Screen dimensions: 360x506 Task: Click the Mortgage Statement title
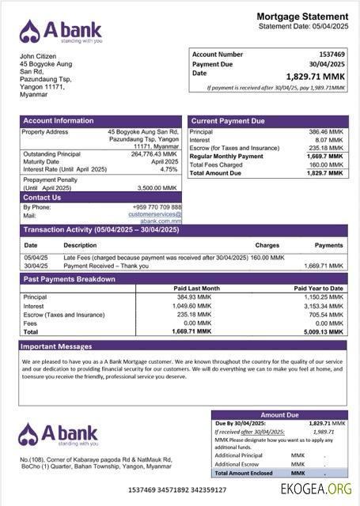pos(302,17)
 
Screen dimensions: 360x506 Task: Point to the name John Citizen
pos(39,57)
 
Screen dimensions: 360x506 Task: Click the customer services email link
pos(155,214)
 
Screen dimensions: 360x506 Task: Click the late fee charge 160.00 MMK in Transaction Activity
pos(269,258)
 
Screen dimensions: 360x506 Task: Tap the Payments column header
pos(328,245)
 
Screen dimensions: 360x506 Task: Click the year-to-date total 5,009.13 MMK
pos(324,332)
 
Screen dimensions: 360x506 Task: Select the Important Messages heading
pos(56,346)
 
